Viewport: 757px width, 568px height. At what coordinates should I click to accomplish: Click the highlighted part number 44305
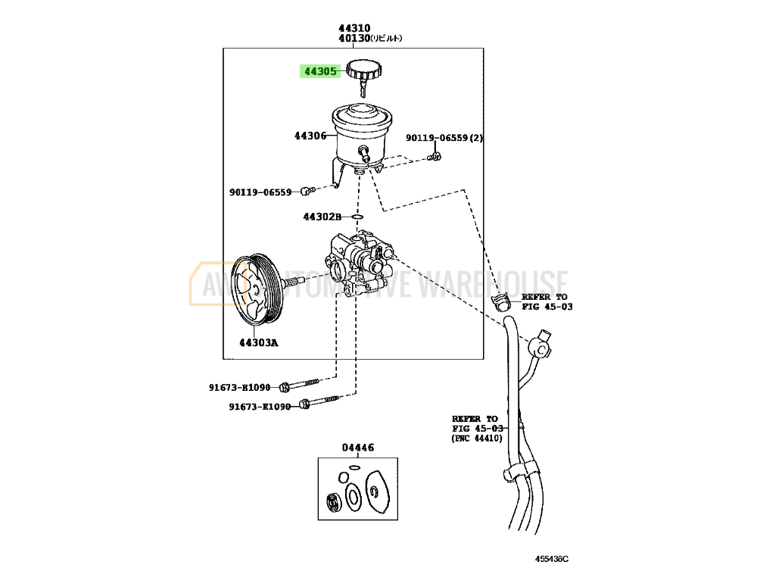pos(320,72)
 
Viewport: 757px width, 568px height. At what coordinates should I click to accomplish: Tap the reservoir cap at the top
pos(365,69)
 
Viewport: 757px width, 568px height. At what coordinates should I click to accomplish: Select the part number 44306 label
pos(310,136)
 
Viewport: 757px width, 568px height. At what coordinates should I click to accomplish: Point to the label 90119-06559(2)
pos(444,138)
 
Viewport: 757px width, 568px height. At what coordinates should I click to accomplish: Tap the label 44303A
pos(259,342)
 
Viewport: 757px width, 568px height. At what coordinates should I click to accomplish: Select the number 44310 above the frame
pos(354,28)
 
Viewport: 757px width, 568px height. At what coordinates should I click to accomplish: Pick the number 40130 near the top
pos(354,38)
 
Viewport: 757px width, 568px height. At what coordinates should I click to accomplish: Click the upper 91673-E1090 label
pos(239,387)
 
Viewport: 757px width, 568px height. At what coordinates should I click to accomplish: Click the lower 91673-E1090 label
pos(260,407)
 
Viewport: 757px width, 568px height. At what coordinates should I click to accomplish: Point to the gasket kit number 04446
pos(357,448)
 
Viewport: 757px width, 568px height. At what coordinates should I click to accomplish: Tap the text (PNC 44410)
pos(477,438)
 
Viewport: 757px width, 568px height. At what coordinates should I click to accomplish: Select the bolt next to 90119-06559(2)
pos(435,157)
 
